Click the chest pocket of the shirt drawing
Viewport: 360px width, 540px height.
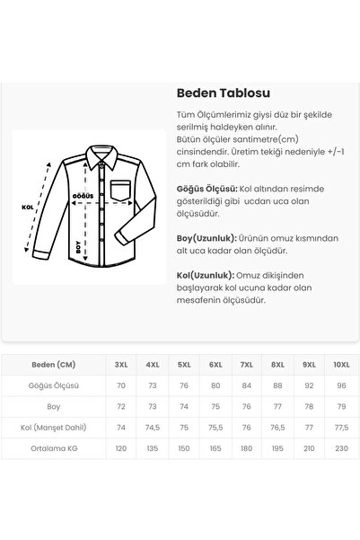click(x=123, y=169)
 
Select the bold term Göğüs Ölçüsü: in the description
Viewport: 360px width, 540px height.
click(x=206, y=190)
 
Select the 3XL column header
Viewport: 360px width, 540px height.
click(x=121, y=365)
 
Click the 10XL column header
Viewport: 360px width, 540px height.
click(x=340, y=365)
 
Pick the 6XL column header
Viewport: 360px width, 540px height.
click(x=215, y=365)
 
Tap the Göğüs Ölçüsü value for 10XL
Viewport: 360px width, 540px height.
click(x=340, y=385)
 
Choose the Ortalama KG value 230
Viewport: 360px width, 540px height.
click(x=340, y=447)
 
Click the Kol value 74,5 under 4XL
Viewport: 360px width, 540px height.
click(x=153, y=426)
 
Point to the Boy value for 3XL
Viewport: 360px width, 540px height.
click(x=121, y=406)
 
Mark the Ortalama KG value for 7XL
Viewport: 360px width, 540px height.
click(x=247, y=447)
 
